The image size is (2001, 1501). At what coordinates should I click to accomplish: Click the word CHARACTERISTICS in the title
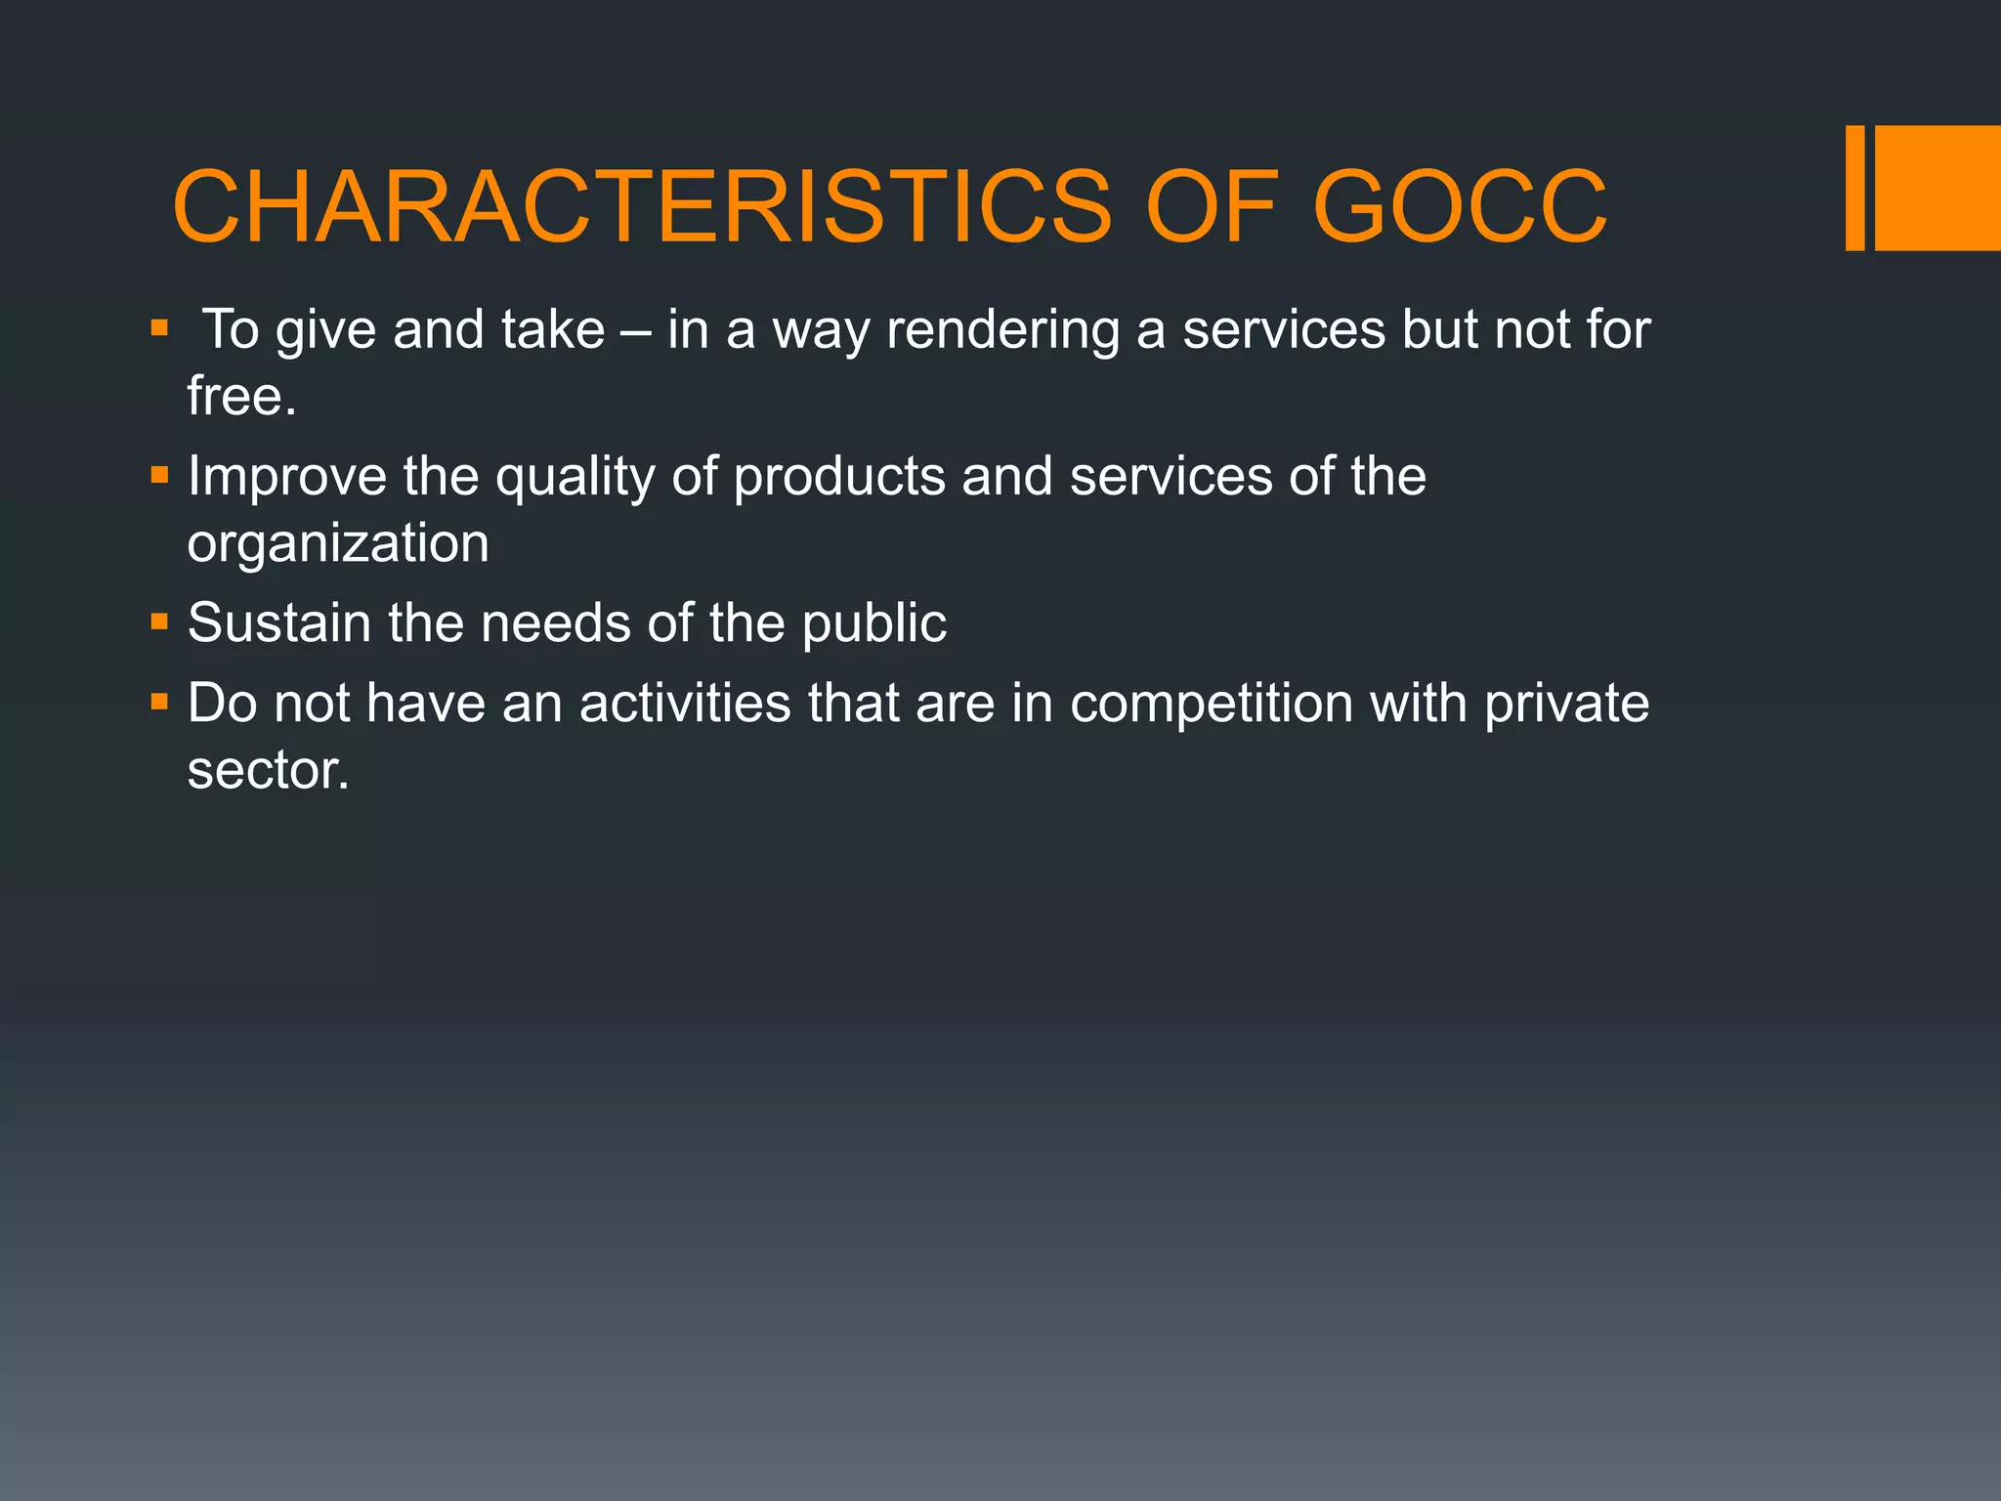pyautogui.click(x=641, y=207)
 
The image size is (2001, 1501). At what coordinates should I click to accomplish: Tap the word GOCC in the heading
pyautogui.click(x=1460, y=207)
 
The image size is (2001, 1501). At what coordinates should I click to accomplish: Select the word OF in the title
pyautogui.click(x=1212, y=207)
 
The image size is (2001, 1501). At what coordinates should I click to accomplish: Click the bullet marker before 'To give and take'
pyautogui.click(x=159, y=328)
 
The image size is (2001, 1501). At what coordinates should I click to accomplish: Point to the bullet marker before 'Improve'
pyautogui.click(x=159, y=477)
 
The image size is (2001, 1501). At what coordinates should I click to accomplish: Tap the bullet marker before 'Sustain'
pyautogui.click(x=159, y=622)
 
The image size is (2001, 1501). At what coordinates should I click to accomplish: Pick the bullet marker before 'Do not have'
pyautogui.click(x=159, y=702)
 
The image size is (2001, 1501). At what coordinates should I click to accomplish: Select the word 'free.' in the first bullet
pyautogui.click(x=241, y=396)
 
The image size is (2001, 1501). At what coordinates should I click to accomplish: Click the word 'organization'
pyautogui.click(x=338, y=543)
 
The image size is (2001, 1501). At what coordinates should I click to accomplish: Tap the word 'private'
pyautogui.click(x=1566, y=704)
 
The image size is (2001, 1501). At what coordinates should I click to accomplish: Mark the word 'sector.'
pyautogui.click(x=268, y=771)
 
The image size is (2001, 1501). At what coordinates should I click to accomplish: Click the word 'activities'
pyautogui.click(x=684, y=704)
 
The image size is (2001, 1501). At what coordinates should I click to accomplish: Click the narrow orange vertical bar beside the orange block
pyautogui.click(x=1854, y=188)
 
